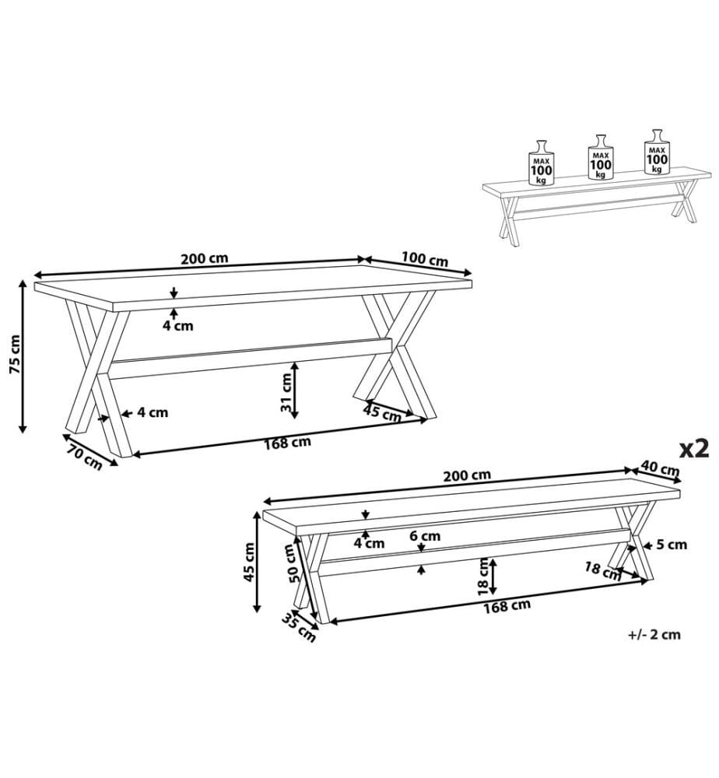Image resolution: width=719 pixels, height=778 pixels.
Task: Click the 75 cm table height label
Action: pyautogui.click(x=14, y=354)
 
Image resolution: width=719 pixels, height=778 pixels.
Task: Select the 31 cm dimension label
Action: pyautogui.click(x=286, y=392)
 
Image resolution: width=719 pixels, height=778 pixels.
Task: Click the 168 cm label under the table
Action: pyautogui.click(x=287, y=442)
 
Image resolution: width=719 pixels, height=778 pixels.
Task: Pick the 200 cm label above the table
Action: pyautogui.click(x=204, y=258)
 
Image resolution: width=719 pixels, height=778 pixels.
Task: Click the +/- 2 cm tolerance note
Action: pyautogui.click(x=654, y=635)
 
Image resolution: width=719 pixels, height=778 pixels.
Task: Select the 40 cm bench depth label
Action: pyautogui.click(x=660, y=468)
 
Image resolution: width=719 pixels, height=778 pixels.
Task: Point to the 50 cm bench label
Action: pyautogui.click(x=293, y=563)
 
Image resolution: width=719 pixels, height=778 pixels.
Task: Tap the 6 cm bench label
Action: pyautogui.click(x=425, y=536)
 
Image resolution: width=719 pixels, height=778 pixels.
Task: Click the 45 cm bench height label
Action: pyautogui.click(x=249, y=562)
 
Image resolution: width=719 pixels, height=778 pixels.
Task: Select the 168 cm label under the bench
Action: pyautogui.click(x=507, y=606)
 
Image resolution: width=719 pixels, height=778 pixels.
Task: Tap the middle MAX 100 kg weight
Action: pyautogui.click(x=601, y=157)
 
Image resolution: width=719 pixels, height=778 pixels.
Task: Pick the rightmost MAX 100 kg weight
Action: pyautogui.click(x=658, y=152)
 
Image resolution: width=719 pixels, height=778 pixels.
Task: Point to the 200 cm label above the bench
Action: pyautogui.click(x=467, y=475)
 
